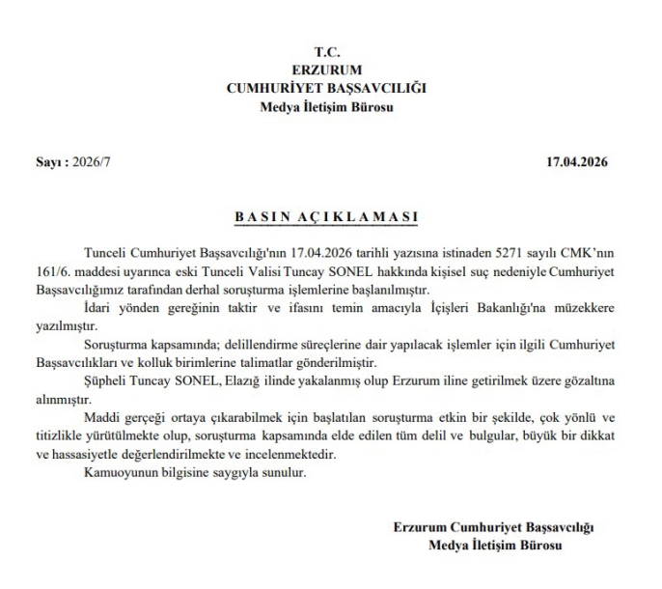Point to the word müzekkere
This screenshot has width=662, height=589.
[581, 306]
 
